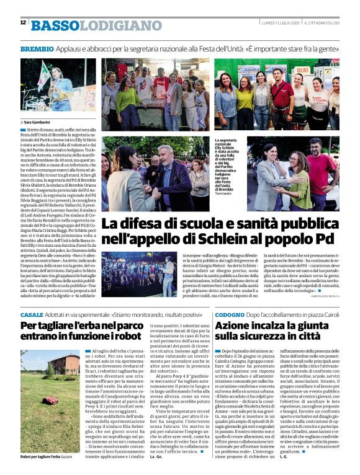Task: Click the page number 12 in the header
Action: (x=23, y=23)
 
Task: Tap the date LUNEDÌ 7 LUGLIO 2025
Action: (x=281, y=23)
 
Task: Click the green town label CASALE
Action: (x=32, y=316)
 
